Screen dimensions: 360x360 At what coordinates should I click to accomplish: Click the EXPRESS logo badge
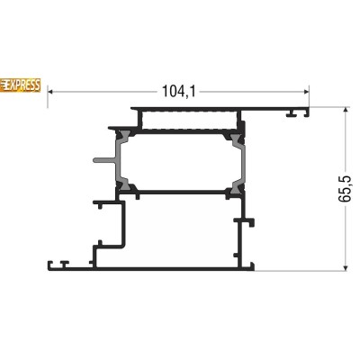click(20, 85)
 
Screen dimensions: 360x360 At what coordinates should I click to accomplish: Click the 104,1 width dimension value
click(178, 91)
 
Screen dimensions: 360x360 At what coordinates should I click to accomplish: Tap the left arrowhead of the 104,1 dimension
click(50, 92)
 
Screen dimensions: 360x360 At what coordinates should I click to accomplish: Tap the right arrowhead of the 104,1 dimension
click(306, 92)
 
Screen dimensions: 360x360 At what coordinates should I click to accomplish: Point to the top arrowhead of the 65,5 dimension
click(346, 110)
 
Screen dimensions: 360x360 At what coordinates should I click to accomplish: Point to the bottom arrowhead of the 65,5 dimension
click(346, 267)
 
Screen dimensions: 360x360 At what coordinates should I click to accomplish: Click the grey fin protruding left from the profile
click(104, 160)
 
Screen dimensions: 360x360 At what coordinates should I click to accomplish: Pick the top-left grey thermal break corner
click(124, 137)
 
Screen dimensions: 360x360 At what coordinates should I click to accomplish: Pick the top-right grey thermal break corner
click(236, 138)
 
